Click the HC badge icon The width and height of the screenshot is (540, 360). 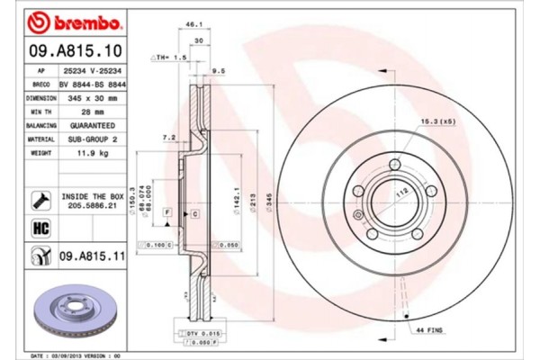point(41,229)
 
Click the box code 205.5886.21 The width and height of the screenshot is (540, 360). point(94,204)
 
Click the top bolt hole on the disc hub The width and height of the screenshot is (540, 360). point(394,163)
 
